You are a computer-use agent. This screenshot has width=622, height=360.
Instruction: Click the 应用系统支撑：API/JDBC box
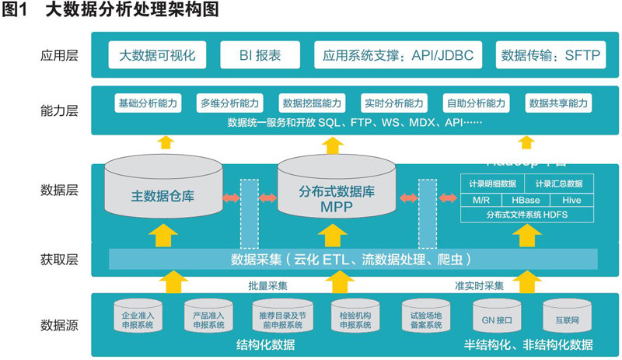tap(399, 55)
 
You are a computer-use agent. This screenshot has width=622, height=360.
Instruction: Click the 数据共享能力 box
tap(558, 103)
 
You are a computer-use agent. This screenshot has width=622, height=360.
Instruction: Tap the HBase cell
tap(527, 200)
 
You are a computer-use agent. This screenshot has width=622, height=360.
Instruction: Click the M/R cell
tap(481, 200)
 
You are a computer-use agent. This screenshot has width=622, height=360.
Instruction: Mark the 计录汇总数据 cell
tap(558, 184)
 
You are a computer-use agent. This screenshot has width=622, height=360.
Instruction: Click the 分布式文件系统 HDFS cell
tap(526, 214)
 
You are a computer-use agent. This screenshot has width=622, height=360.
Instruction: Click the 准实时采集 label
tap(479, 285)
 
